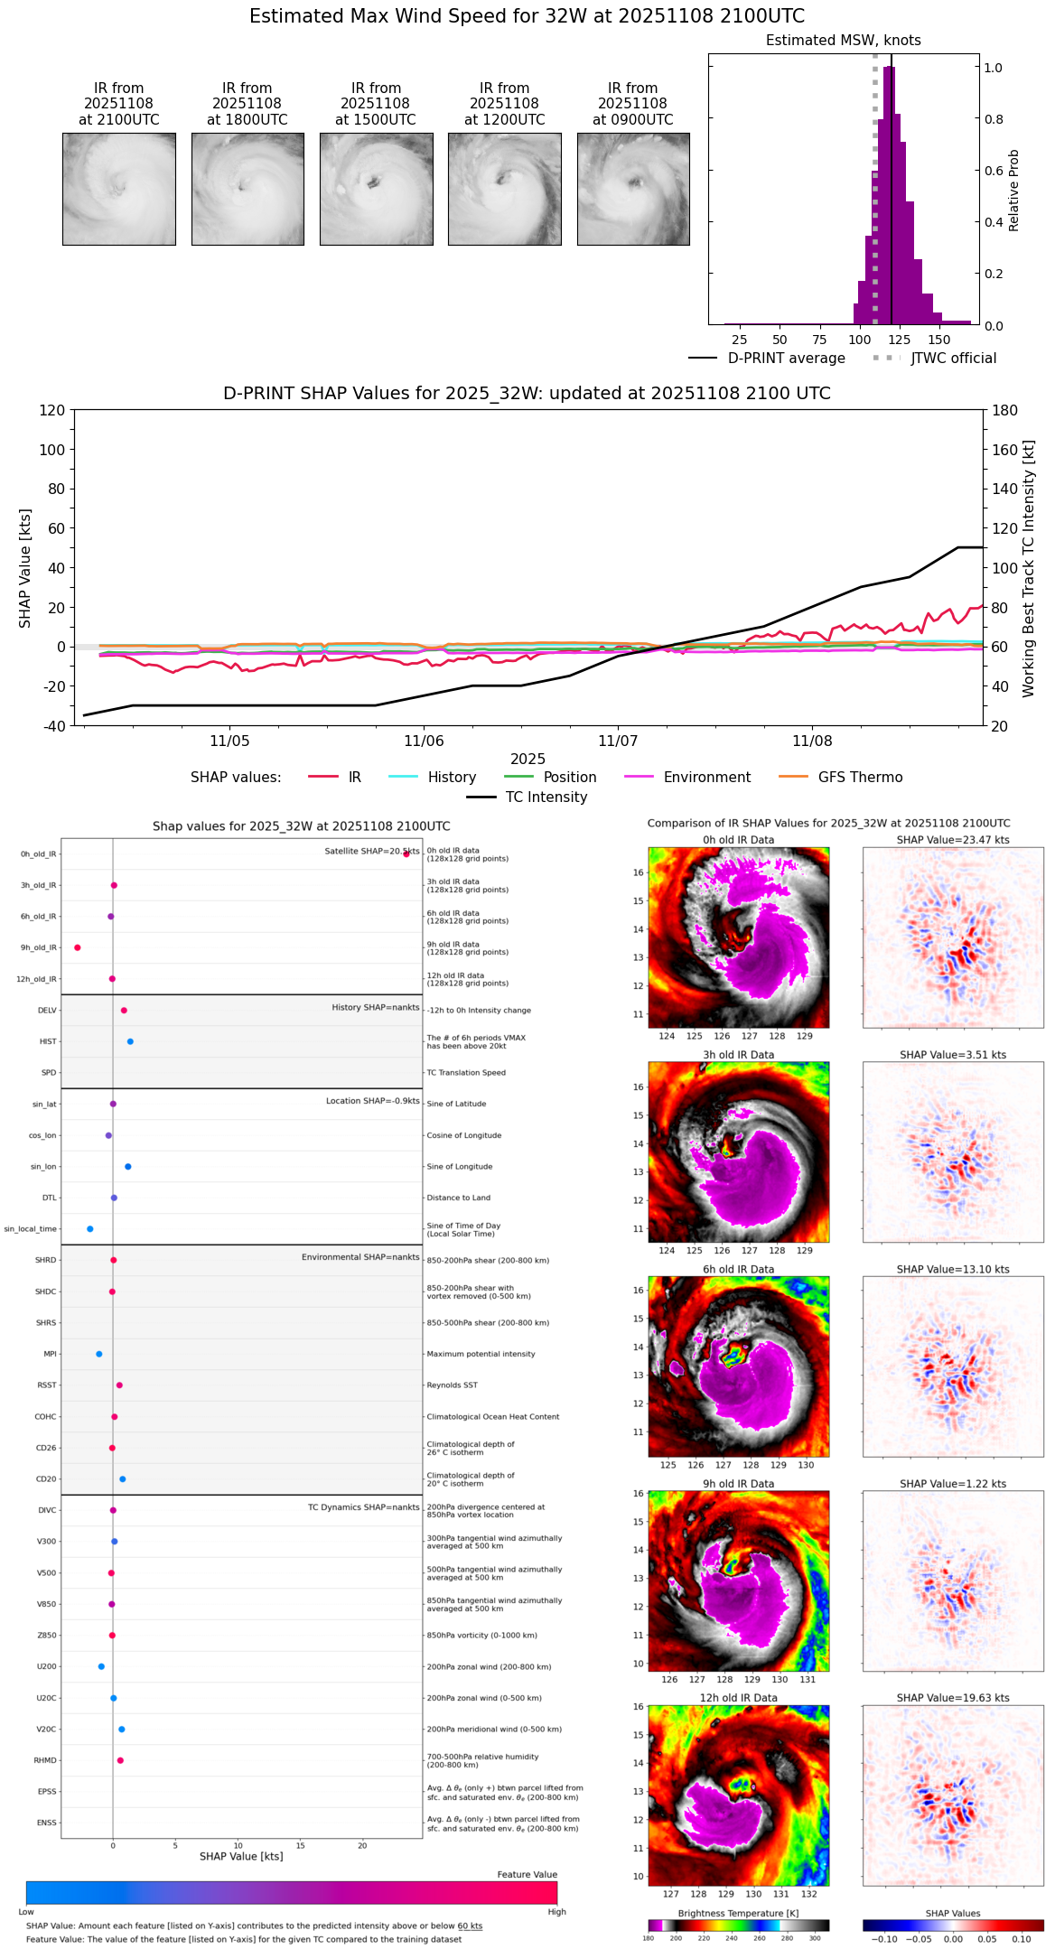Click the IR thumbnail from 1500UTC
(376, 189)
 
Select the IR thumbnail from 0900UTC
(633, 189)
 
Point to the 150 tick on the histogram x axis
(939, 340)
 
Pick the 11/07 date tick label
(618, 741)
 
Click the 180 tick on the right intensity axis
(1004, 411)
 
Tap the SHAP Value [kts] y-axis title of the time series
(25, 568)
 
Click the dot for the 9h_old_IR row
(78, 947)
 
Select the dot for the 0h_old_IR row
(406, 853)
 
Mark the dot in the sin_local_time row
(90, 1229)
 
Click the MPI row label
(50, 1354)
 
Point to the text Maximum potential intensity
(481, 1354)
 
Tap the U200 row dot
(101, 1666)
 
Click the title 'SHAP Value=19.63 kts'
(953, 1698)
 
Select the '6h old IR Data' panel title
(738, 1269)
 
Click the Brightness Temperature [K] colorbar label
(738, 1913)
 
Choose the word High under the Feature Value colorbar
(556, 1912)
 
